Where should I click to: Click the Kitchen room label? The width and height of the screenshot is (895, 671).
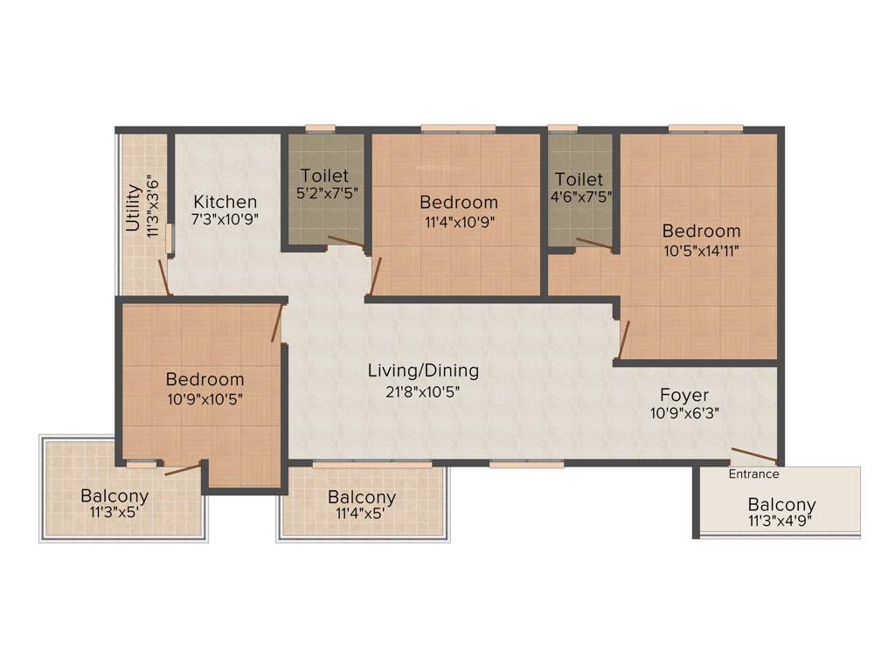(x=225, y=201)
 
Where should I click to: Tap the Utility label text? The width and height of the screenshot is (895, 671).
(x=134, y=207)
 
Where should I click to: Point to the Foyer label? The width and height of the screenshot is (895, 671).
(x=684, y=394)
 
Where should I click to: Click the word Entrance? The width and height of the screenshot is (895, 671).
(x=753, y=474)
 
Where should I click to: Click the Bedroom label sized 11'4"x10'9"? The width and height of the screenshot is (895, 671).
(x=458, y=202)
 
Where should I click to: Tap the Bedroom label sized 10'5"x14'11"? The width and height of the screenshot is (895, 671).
(x=701, y=231)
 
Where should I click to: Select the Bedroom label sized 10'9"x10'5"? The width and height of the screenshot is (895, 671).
(x=205, y=379)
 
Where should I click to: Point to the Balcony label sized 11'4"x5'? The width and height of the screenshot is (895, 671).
(x=362, y=497)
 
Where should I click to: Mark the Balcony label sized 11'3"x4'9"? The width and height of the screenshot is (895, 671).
(x=781, y=504)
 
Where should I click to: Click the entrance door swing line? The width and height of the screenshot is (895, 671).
(x=753, y=455)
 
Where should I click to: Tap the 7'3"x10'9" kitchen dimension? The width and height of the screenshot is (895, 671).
(x=225, y=219)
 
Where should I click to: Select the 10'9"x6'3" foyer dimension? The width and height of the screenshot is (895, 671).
(x=684, y=412)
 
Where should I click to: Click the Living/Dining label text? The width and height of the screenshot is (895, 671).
(x=422, y=370)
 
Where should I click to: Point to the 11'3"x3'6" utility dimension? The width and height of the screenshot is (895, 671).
(x=152, y=207)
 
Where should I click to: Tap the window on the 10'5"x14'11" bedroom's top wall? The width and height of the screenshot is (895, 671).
(x=705, y=128)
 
